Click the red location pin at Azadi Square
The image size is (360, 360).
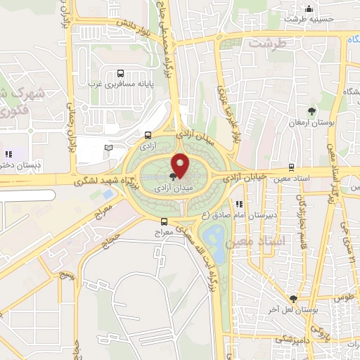pyautogui.click(x=180, y=164)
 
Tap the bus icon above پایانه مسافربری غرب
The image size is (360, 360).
pyautogui.click(x=121, y=73)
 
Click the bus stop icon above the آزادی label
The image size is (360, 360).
pyautogui.click(x=148, y=135)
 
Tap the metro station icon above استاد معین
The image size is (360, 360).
pyautogui.click(x=291, y=169)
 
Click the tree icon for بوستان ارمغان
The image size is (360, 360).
pyautogui.click(x=311, y=110)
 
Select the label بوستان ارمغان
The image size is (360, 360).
pyautogui.click(x=312, y=123)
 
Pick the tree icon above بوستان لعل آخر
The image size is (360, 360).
pyautogui.click(x=294, y=298)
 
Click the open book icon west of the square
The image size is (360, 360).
pyautogui.click(x=108, y=147)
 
